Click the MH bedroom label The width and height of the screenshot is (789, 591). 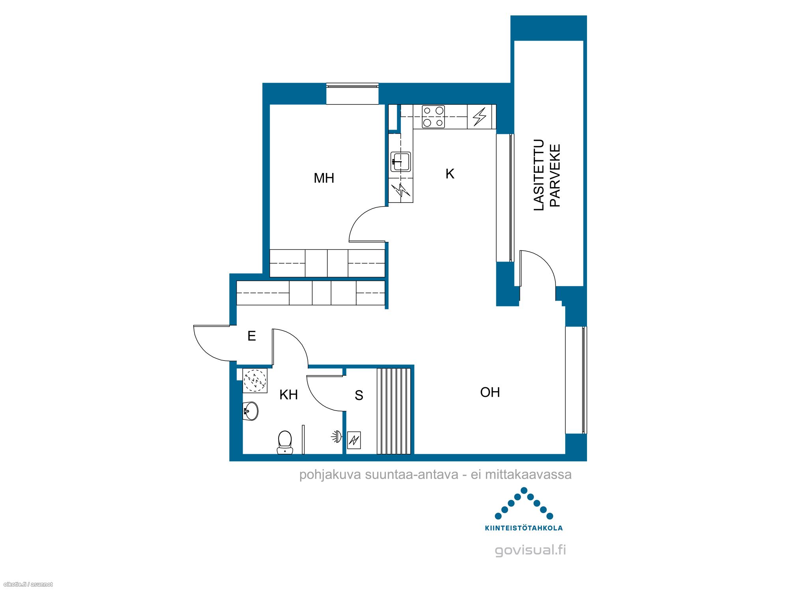point(324,178)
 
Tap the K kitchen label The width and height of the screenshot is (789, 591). point(450,174)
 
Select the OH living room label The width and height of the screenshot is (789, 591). point(490,392)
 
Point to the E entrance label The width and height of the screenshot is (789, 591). point(252,336)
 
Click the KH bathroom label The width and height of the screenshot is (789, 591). point(288,394)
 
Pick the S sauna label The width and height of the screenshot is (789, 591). point(359,395)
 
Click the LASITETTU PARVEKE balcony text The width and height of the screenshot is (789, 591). point(547,175)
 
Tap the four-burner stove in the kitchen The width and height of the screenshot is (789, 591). point(433,117)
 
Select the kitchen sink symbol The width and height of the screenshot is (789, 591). point(401,162)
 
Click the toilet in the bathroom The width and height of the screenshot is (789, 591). point(285,442)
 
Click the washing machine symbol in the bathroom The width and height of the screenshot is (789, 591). point(255,380)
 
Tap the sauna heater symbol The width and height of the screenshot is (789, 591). point(354,440)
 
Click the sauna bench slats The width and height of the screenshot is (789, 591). point(394,411)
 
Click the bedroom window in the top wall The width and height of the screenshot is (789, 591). point(352,94)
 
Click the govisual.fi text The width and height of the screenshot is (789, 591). point(530,550)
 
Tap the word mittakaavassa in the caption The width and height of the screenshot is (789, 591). point(528,474)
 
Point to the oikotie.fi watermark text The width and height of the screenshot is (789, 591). point(28,584)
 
